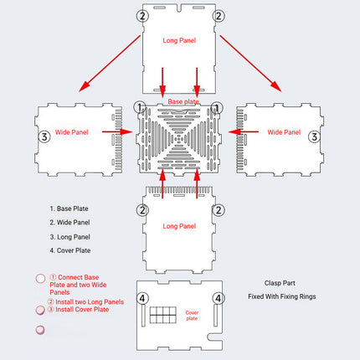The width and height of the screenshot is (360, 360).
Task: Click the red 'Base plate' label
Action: point(183,101)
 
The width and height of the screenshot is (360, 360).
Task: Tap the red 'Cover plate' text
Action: point(192,316)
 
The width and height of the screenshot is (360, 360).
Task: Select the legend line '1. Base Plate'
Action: point(69,208)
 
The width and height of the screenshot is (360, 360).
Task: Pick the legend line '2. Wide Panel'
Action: point(69,223)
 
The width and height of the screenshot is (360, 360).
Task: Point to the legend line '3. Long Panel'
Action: point(70,237)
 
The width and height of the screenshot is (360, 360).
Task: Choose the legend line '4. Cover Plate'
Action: point(70,250)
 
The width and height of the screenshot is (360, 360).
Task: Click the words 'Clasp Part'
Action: point(280,283)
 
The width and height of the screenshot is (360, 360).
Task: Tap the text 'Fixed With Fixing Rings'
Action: point(282,296)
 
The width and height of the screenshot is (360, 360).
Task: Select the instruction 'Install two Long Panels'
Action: point(90,302)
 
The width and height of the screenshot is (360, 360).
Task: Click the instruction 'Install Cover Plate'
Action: point(82,310)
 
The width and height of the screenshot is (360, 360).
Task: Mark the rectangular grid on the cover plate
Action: point(163,315)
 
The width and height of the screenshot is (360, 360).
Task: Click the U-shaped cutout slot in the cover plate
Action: point(215,337)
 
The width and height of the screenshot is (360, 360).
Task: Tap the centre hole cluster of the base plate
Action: point(179,138)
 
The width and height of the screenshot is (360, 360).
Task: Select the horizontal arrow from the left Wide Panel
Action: point(117,131)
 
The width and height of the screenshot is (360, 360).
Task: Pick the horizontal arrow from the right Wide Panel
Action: point(243,131)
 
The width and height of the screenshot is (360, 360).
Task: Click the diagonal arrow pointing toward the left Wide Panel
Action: point(110,64)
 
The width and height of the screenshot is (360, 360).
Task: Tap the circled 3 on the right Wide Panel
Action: point(314,136)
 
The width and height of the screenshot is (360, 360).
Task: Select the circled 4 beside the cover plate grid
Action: point(142,298)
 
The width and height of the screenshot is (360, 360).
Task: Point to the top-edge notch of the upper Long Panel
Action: point(179,8)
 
